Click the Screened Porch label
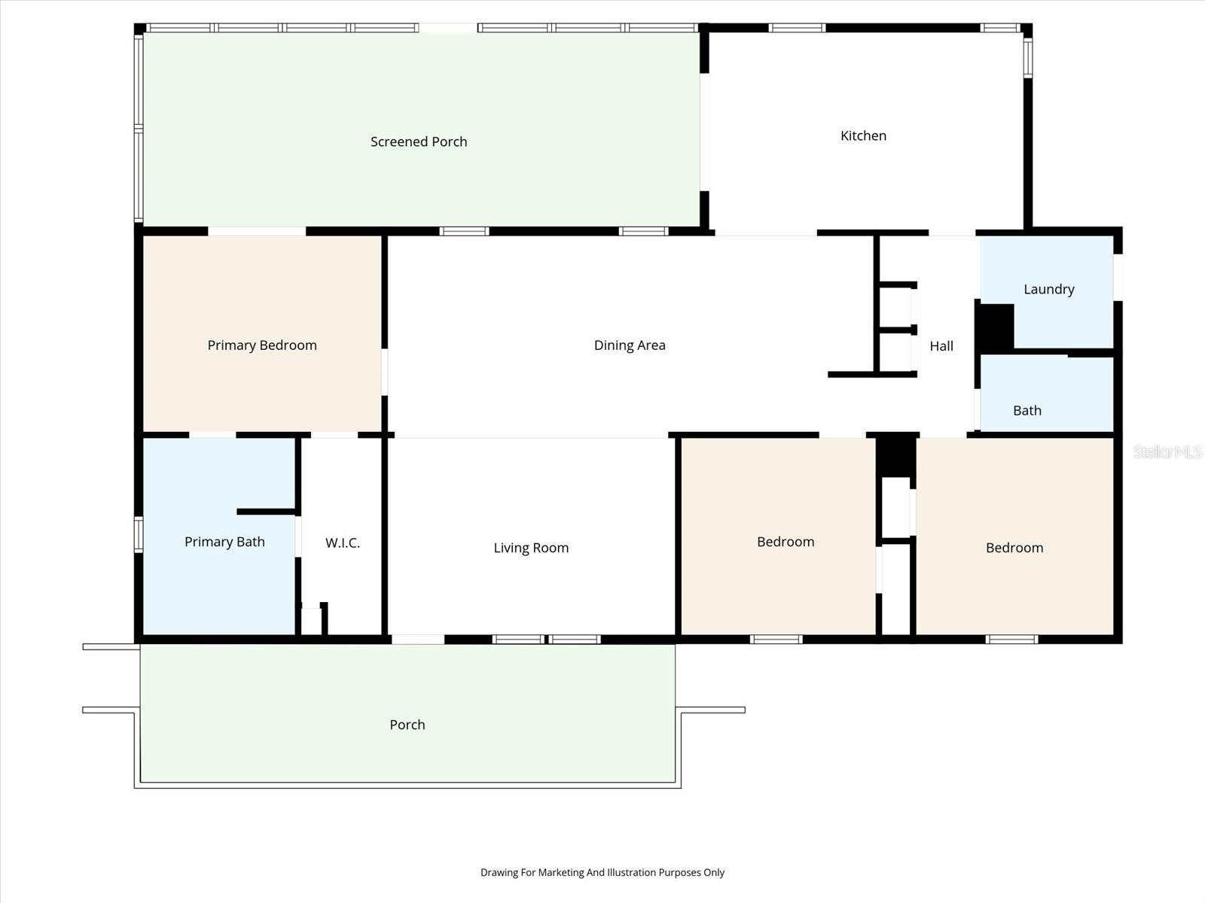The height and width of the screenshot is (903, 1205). pyautogui.click(x=419, y=141)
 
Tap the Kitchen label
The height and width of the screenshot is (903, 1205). pyautogui.click(x=863, y=135)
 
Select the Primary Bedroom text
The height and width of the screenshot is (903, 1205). pyautogui.click(x=262, y=345)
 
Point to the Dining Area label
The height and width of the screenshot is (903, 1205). pyautogui.click(x=630, y=345)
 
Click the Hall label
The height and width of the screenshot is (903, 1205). pyautogui.click(x=941, y=346)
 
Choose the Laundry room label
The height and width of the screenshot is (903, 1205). pyautogui.click(x=1048, y=289)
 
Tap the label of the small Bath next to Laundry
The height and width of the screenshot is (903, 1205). pyautogui.click(x=1027, y=410)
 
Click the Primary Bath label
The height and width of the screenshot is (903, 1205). pyautogui.click(x=224, y=542)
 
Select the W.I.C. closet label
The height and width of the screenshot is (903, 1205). pyautogui.click(x=343, y=543)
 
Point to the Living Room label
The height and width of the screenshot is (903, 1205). pyautogui.click(x=531, y=548)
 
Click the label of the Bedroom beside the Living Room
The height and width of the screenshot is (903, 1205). pyautogui.click(x=786, y=542)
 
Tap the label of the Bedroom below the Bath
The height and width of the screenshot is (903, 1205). pyautogui.click(x=1014, y=548)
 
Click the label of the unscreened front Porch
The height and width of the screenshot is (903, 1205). pyautogui.click(x=407, y=725)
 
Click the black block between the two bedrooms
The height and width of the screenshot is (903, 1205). pyautogui.click(x=896, y=456)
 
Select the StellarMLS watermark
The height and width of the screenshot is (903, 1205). pyautogui.click(x=1167, y=451)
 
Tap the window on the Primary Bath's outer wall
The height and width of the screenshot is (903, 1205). pyautogui.click(x=139, y=534)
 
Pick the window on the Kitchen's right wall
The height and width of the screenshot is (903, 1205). pyautogui.click(x=1027, y=56)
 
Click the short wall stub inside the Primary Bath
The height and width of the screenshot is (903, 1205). pyautogui.click(x=267, y=512)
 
